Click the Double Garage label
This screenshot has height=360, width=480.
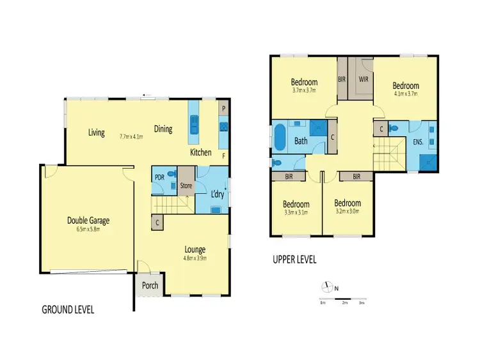[88, 221]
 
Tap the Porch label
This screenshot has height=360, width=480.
[150, 285]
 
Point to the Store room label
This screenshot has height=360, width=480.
[186, 187]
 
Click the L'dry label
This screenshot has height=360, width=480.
[216, 194]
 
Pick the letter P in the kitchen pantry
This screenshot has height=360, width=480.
[223, 109]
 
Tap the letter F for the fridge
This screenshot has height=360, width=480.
[223, 155]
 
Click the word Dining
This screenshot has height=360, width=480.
[163, 129]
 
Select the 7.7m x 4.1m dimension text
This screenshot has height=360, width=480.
[131, 136]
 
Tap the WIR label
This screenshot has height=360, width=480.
[363, 80]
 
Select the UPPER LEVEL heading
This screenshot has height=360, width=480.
[294, 260]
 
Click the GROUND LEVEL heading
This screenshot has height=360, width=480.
[68, 309]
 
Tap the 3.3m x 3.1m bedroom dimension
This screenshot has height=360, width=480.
[296, 213]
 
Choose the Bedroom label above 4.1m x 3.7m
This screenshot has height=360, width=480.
[406, 86]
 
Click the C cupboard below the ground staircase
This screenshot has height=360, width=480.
[157, 223]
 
